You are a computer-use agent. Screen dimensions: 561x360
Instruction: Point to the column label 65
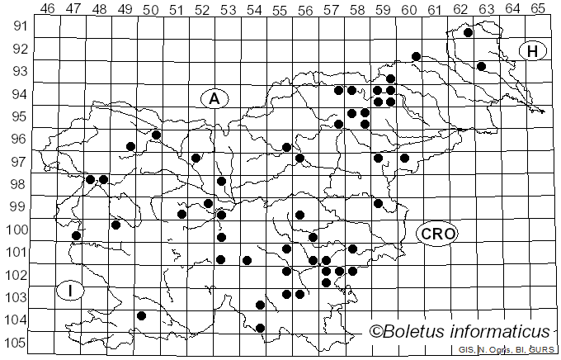(x=537, y=8)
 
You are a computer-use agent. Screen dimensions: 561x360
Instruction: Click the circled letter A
(x=214, y=98)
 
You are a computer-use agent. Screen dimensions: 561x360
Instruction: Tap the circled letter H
(x=533, y=51)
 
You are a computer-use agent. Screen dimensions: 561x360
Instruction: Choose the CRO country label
(x=436, y=234)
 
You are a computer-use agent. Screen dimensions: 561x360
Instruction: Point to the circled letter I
(x=71, y=291)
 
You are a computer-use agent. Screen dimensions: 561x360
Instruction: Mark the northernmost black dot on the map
(x=468, y=33)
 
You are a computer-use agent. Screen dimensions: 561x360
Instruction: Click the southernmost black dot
(x=261, y=328)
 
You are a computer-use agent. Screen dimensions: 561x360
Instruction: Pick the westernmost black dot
(x=77, y=235)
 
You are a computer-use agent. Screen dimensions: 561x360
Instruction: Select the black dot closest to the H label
(x=481, y=66)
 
